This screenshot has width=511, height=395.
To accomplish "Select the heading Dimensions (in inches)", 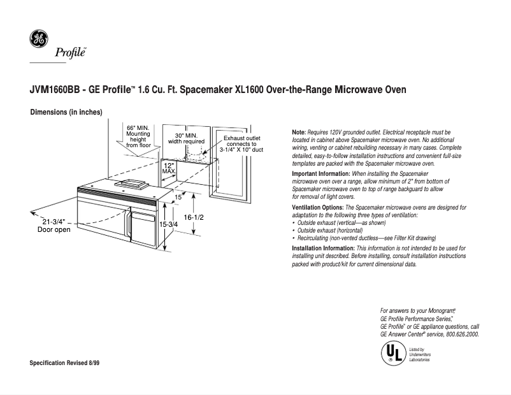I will pyautogui.click(x=66, y=113).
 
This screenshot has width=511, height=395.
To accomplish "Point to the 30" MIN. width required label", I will pyautogui.click(x=186, y=138).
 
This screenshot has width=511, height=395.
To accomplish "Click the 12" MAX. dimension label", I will pyautogui.click(x=169, y=168).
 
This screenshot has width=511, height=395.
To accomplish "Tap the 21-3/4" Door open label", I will pyautogui.click(x=55, y=225).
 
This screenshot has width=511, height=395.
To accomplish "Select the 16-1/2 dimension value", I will pyautogui.click(x=193, y=217).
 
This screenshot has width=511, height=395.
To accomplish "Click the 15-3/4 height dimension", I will pyautogui.click(x=169, y=225).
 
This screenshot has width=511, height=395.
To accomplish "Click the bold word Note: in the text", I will pyautogui.click(x=299, y=131).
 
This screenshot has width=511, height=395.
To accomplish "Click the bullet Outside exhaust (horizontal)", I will pyautogui.click(x=330, y=230).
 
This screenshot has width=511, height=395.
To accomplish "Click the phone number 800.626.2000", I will pyautogui.click(x=459, y=334).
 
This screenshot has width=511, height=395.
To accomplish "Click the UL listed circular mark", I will pyautogui.click(x=391, y=353).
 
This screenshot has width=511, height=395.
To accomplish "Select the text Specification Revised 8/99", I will pyautogui.click(x=65, y=363).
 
